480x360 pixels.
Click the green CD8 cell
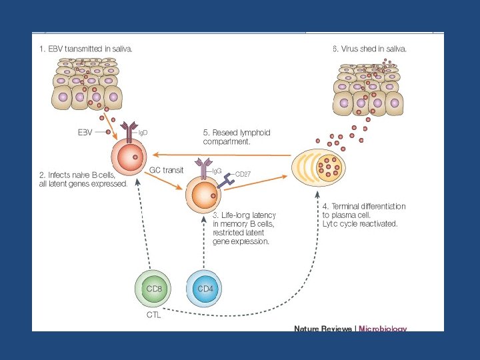pos(154,289)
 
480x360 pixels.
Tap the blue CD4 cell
pos(205,289)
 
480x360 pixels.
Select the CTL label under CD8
pos(153,315)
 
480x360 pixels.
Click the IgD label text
pos(143,133)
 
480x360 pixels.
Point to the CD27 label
pos(243,175)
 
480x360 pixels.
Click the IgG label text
pos(217,171)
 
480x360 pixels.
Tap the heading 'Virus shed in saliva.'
pos(374,49)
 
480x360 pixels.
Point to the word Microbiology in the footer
pos(383,328)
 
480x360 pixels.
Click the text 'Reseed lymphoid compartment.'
pos(237,137)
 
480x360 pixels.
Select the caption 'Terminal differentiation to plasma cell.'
pos(360,211)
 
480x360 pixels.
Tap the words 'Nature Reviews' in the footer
pos(324,328)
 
